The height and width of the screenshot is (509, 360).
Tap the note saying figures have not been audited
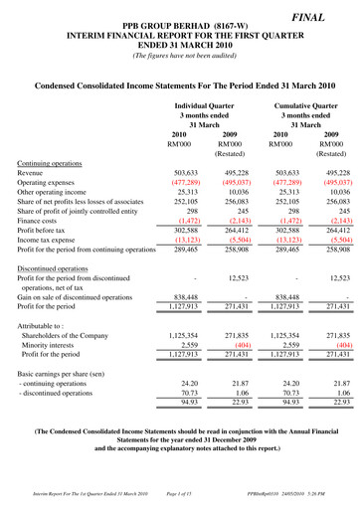[x=179, y=55]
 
